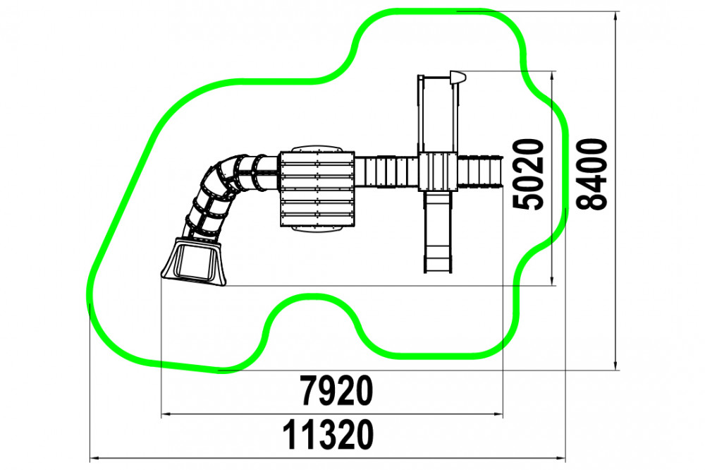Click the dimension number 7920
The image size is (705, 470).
click(337, 390)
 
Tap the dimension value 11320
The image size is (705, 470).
click(328, 435)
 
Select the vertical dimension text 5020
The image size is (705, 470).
click(528, 174)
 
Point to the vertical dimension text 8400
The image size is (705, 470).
click(591, 174)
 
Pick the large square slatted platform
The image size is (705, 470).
click(317, 188)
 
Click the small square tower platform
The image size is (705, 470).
click(438, 171)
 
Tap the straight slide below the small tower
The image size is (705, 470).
click(438, 232)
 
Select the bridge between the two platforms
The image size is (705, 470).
click(386, 171)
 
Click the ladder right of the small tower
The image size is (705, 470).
click(479, 171)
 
